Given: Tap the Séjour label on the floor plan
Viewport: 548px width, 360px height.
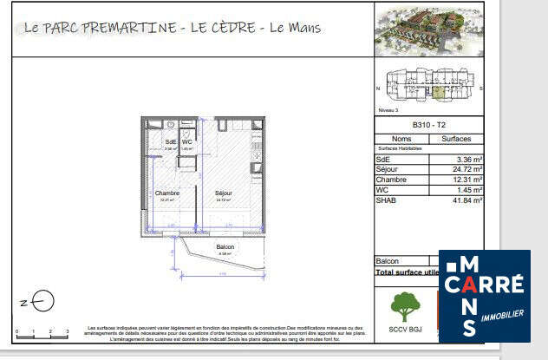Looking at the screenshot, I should point(224,193).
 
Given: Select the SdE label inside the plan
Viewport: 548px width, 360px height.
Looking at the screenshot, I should point(171,141).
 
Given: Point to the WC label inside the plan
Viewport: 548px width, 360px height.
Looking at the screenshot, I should point(186,141).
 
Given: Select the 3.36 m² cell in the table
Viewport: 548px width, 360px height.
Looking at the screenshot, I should point(465,159).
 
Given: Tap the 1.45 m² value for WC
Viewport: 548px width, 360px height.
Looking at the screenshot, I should point(465,189).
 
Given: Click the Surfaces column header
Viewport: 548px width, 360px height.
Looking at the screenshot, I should point(456,138).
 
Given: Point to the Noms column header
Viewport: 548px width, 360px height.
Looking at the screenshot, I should point(401,138).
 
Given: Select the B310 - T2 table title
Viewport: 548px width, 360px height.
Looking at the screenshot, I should point(428,125).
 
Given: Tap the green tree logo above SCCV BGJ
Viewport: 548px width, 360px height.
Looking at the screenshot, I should point(402,306).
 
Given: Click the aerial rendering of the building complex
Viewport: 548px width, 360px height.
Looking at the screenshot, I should point(428,30).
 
